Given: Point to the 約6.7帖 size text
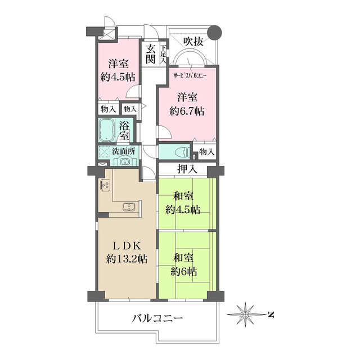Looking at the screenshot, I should tap(187, 111).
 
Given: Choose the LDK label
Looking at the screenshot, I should tap(127, 245).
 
